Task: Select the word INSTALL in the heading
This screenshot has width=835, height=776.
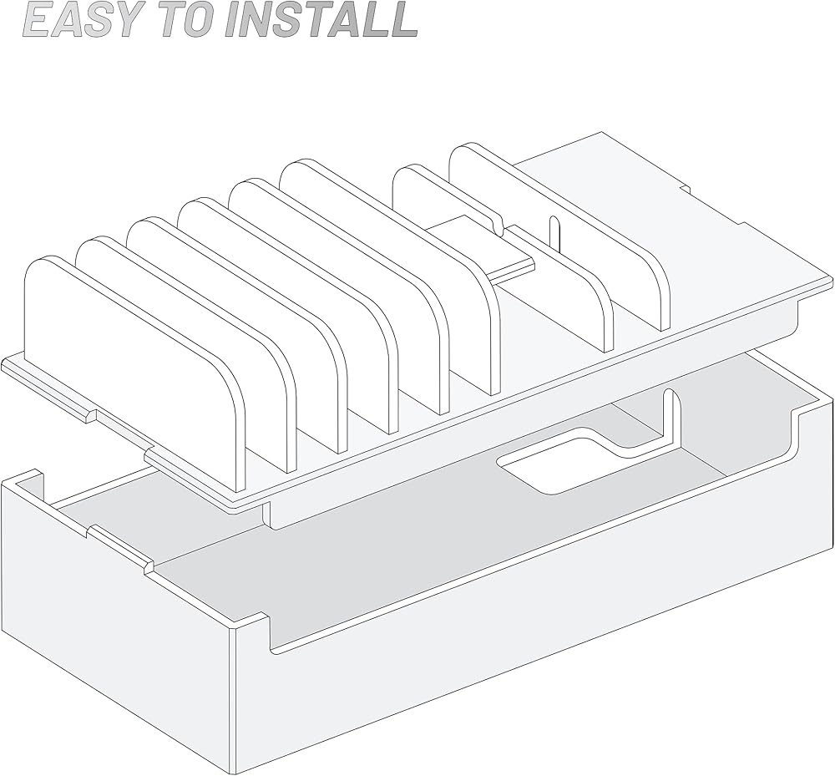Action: pos(321,20)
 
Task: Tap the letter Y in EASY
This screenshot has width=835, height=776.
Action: pos(105,20)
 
